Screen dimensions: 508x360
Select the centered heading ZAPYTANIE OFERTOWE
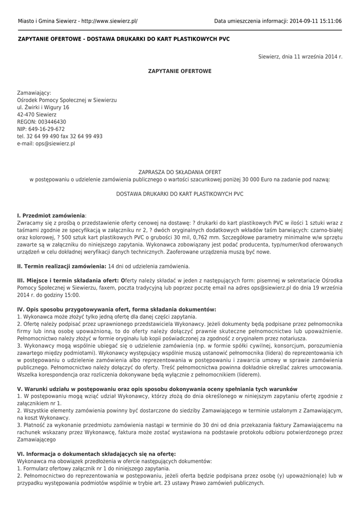[x=180, y=71]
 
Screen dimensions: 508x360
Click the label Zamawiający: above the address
[x=34, y=93]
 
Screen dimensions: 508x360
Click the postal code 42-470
[x=26, y=115]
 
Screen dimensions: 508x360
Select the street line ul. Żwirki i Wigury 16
[x=43, y=107]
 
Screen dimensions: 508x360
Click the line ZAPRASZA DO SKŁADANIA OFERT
[x=180, y=172]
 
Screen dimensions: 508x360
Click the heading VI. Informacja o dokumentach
[x=96, y=453]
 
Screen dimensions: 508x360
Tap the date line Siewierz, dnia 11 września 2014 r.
[x=300, y=57]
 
